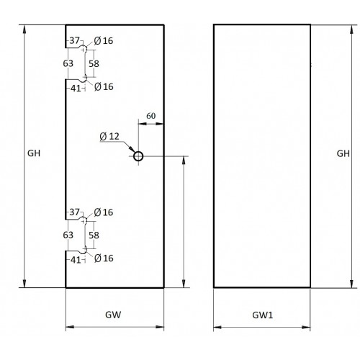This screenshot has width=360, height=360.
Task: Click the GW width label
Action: [113, 315]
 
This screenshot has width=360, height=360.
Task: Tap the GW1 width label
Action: [263, 315]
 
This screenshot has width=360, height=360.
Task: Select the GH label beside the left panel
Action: [34, 153]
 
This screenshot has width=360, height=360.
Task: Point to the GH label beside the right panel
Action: [343, 153]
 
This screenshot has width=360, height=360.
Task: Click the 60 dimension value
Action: [151, 116]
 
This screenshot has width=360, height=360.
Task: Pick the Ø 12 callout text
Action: [109, 137]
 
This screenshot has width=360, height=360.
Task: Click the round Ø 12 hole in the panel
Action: [138, 156]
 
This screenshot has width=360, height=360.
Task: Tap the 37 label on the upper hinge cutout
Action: [74, 40]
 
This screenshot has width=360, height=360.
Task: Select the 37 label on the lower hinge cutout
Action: [74, 212]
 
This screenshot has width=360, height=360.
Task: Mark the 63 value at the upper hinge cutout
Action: [68, 63]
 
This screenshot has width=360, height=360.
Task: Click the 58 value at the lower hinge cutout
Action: [94, 235]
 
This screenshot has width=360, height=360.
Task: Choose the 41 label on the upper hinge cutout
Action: [76, 89]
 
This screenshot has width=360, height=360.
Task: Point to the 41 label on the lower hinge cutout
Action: [76, 260]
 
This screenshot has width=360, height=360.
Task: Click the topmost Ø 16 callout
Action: [104, 41]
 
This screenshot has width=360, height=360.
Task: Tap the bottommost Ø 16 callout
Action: [104, 258]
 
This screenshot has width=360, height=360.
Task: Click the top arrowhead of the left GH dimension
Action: [24, 30]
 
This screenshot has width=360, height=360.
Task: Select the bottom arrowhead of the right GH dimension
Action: [352, 283]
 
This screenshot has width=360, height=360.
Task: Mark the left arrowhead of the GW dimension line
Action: [70, 327]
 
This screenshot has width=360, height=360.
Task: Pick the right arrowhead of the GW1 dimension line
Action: [306, 327]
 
